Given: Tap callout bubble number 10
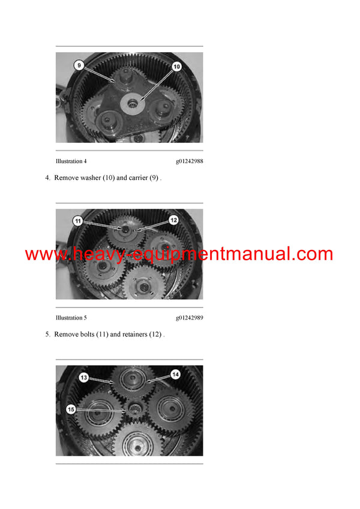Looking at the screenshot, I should tap(176, 67).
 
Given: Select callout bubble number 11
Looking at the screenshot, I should tap(77, 221).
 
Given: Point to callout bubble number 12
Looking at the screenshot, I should tap(174, 220).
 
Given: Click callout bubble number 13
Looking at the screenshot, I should tap(84, 377).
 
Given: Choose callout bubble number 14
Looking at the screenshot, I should tap(175, 374).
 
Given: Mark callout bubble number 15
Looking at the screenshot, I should tap(71, 409).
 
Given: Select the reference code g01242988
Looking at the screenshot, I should tap(189, 161).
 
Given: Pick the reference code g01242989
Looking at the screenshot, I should tap(189, 318).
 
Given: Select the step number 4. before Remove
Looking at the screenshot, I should tap(48, 177).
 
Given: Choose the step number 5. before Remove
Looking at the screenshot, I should tap(48, 334).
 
